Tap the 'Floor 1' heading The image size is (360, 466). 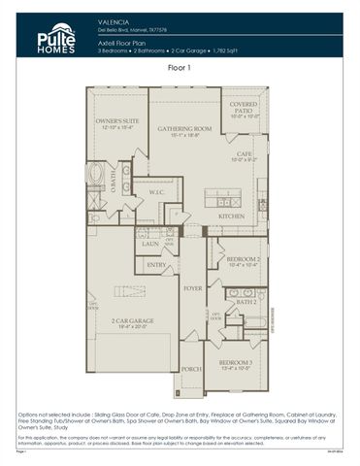pyautogui.click(x=180, y=69)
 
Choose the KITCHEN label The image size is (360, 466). pyautogui.click(x=231, y=216)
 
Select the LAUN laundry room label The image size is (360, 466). pyautogui.click(x=150, y=245)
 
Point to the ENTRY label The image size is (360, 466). pyautogui.click(x=156, y=264)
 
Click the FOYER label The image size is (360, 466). pyautogui.click(x=193, y=287)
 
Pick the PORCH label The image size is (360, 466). pyautogui.click(x=191, y=369)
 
